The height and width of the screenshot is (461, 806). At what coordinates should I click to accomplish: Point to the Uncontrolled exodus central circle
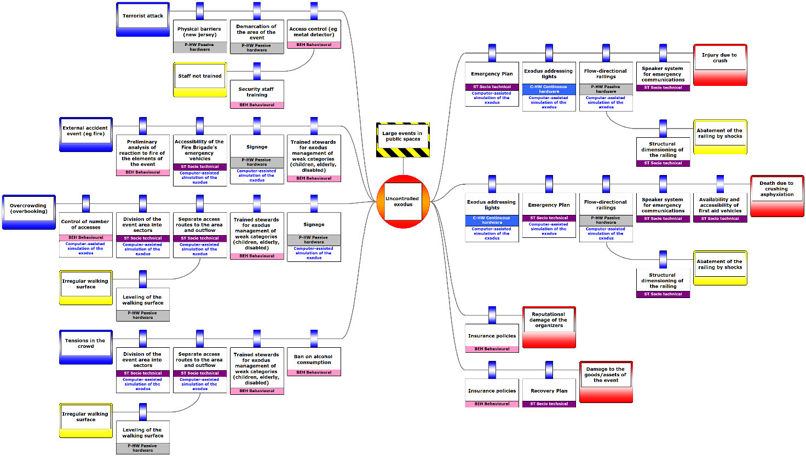coord(403,202)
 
